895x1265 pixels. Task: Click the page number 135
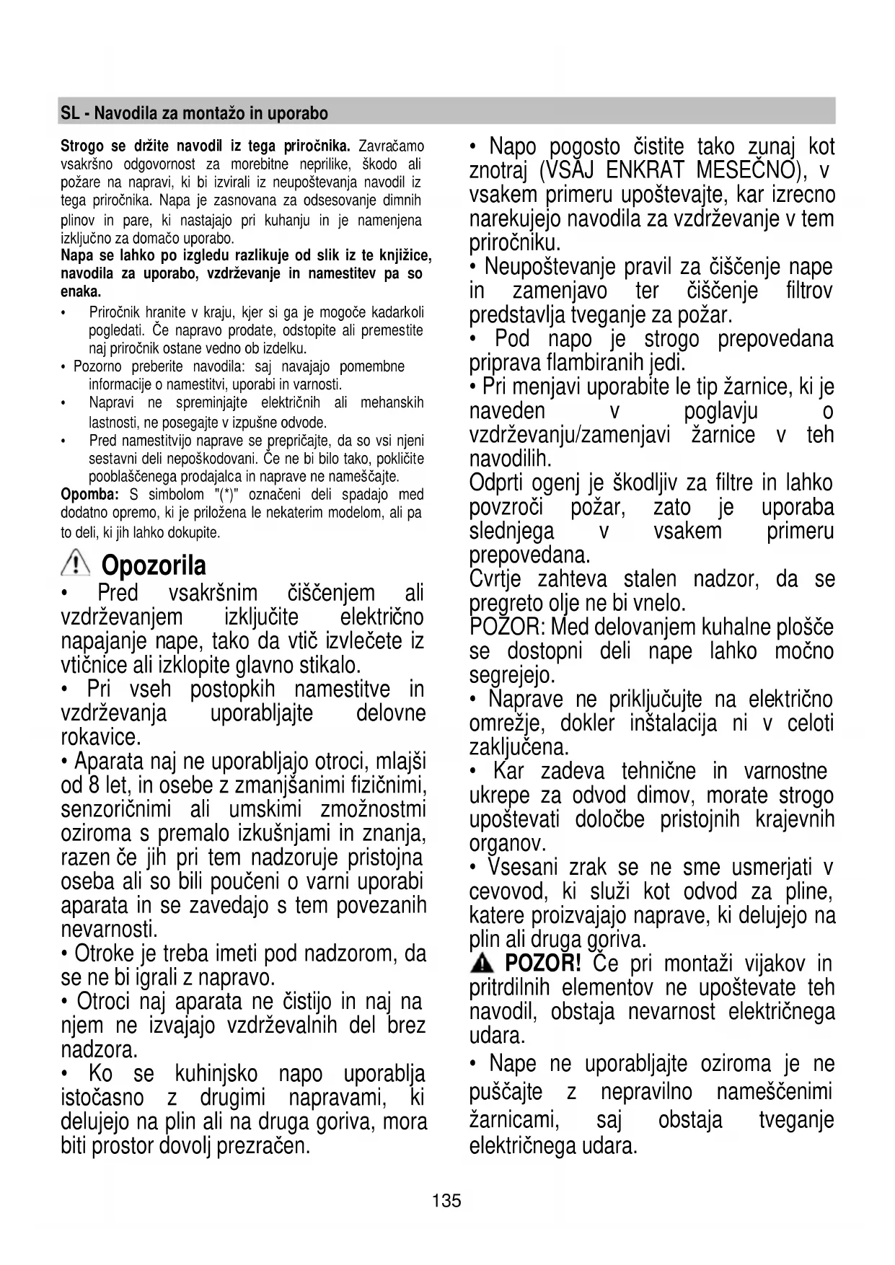(x=446, y=1201)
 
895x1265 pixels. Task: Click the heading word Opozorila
(x=154, y=565)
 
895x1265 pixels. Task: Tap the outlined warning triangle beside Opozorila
(x=75, y=563)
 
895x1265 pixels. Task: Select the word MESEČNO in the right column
(x=750, y=171)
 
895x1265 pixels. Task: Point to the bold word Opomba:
(x=89, y=495)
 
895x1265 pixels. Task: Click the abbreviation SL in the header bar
(x=69, y=113)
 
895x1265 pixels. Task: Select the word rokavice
(x=100, y=737)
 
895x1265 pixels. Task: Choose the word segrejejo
(x=512, y=676)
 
